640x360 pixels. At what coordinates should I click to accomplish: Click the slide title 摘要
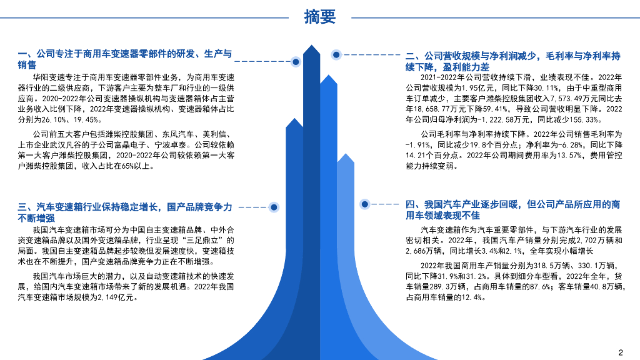coord(319,17)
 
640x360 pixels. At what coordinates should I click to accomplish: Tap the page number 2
coord(621,351)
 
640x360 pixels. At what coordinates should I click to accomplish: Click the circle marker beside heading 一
coord(296,61)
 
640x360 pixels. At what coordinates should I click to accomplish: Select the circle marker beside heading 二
coord(336,55)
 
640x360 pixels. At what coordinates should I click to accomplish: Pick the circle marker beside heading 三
coord(273,207)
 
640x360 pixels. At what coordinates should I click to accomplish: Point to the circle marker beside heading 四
coord(364,204)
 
